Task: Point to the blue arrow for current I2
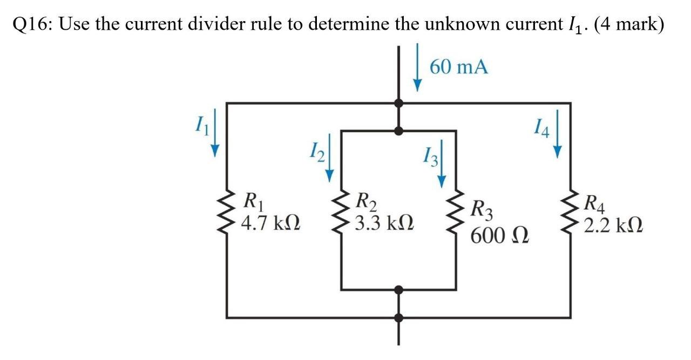point(329,159)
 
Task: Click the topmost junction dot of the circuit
point(399,102)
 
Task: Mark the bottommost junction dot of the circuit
point(399,317)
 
